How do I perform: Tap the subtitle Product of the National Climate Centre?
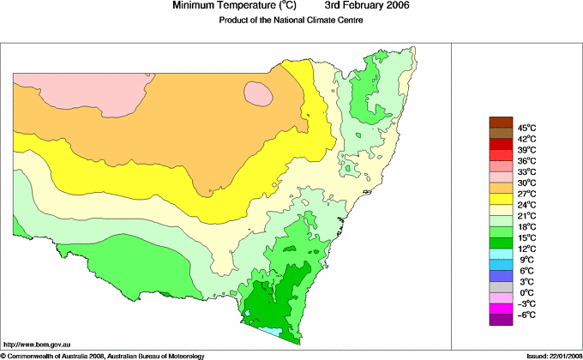291,21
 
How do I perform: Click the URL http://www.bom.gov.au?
35,344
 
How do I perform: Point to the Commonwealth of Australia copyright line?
103,355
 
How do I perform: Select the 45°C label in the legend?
526,128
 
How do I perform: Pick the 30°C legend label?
526,183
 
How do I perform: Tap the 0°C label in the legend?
526,293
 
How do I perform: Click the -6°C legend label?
526,315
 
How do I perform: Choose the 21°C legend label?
526,216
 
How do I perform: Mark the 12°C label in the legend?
526,249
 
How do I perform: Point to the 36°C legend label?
526,161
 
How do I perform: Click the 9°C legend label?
526,261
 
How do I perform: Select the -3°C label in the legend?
526,304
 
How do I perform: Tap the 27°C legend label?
526,195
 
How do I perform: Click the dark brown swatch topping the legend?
500,122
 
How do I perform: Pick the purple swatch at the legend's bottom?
500,320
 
